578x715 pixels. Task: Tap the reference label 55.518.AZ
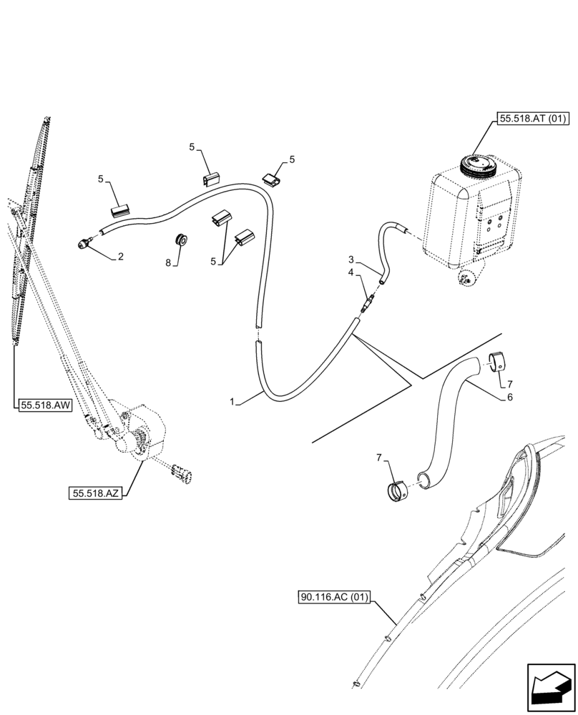tap(96, 493)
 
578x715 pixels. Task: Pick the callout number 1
tap(232, 403)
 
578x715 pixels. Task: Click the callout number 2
tap(121, 256)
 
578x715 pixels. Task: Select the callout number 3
tap(352, 259)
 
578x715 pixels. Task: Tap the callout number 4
tap(352, 272)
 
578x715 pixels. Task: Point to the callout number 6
tap(510, 398)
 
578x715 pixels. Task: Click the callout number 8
tap(169, 262)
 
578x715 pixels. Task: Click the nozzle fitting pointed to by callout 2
tap(84, 243)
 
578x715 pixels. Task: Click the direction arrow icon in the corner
tap(549, 687)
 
